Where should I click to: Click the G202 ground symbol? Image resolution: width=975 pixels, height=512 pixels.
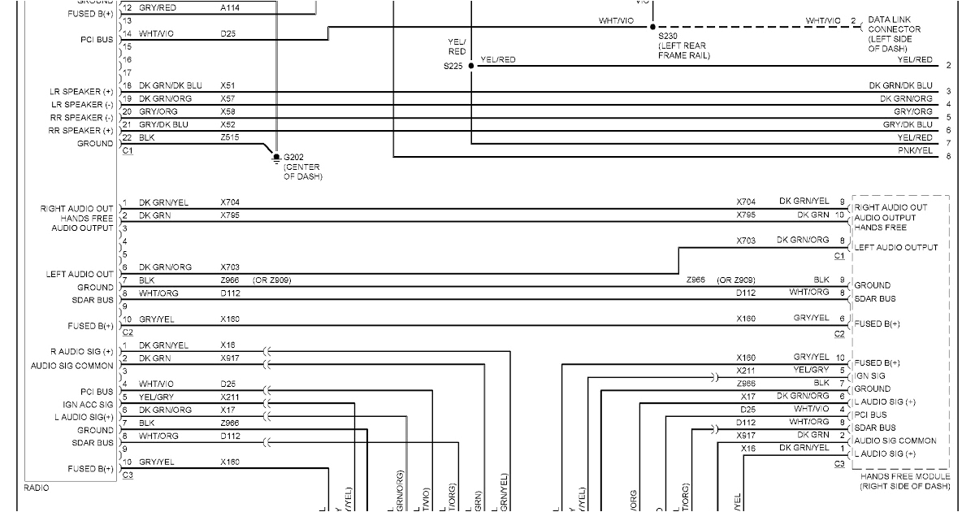click(277, 156)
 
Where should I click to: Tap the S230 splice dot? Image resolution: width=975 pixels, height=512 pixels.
click(652, 27)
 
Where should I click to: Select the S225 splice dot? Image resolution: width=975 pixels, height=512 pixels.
click(471, 66)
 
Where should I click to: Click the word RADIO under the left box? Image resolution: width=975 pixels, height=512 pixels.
click(37, 488)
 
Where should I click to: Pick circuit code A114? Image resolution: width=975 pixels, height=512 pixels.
click(230, 7)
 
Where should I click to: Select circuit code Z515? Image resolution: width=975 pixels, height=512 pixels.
click(231, 137)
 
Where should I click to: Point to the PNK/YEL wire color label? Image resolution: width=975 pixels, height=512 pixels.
click(915, 150)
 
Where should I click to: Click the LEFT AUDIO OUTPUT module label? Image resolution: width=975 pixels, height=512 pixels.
click(895, 247)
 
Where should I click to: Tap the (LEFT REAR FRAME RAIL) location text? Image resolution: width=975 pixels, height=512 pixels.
click(684, 51)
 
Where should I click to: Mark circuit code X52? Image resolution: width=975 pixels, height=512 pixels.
click(228, 124)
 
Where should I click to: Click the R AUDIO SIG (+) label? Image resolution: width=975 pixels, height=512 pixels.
click(81, 352)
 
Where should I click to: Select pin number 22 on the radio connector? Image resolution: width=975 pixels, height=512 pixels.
click(127, 137)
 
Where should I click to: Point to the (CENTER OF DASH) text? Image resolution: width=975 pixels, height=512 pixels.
click(303, 172)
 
